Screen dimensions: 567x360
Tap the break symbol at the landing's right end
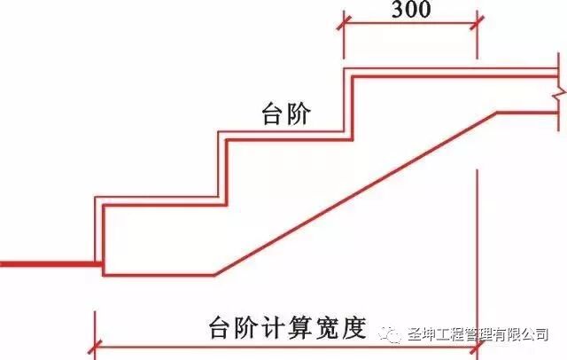coord(555,91)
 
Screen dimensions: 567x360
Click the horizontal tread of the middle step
coord(283,134)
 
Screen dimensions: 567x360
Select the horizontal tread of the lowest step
coord(159,202)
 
